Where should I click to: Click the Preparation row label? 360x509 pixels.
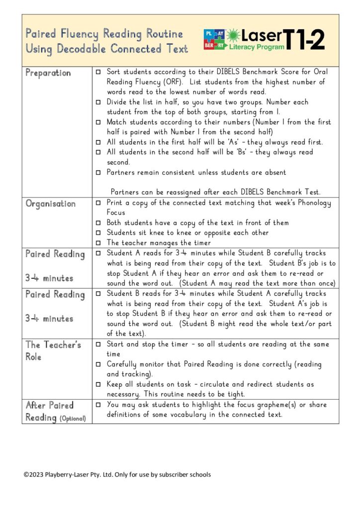coord(48,73)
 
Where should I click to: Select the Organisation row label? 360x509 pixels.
coord(51,204)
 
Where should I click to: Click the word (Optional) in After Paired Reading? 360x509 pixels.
coord(73,419)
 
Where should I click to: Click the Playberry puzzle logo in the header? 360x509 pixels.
coord(213,39)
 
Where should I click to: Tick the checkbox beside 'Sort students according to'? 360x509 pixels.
coord(98,72)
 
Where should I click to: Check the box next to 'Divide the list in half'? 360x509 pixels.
coord(98,102)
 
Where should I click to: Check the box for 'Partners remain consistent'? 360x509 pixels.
coord(98,172)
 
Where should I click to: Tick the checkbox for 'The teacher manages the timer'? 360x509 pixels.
coord(98,243)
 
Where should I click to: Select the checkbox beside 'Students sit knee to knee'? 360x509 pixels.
coord(98,233)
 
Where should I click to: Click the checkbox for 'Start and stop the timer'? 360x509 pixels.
coord(98,344)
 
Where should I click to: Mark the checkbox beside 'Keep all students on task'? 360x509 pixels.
coord(98,384)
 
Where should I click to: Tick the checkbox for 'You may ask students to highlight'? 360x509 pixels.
coord(98,405)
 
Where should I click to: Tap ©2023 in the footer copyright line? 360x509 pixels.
coord(34,475)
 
